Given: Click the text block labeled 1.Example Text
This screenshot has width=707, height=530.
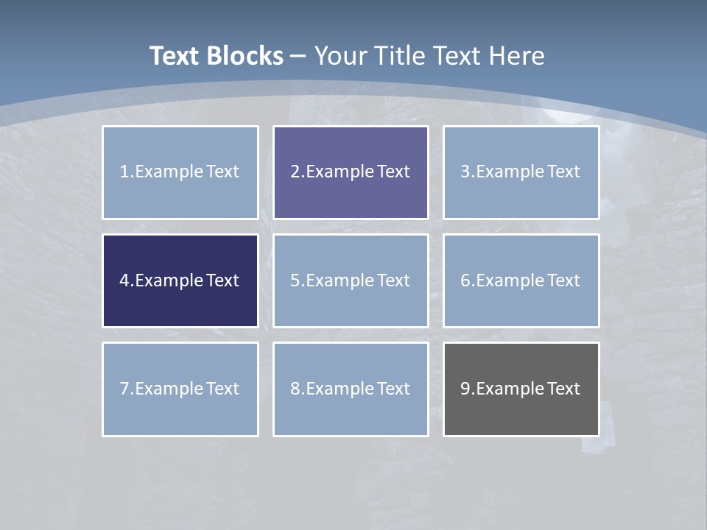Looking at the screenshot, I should click(x=180, y=172).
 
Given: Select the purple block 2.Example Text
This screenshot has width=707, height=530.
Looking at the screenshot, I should click(x=351, y=172).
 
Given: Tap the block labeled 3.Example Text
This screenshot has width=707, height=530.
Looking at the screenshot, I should click(x=521, y=172).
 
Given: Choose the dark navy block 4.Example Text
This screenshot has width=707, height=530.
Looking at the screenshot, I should click(x=180, y=280).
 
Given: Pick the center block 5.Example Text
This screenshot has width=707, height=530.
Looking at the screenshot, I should click(x=351, y=280).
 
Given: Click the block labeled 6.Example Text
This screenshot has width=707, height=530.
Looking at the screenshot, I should click(x=521, y=280).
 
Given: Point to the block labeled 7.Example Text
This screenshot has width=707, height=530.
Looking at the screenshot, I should click(x=180, y=389).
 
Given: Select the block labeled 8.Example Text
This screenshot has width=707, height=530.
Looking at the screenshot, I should click(x=351, y=389).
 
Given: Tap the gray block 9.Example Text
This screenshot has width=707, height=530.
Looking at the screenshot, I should click(x=521, y=389).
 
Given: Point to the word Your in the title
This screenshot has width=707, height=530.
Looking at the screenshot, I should click(x=341, y=56).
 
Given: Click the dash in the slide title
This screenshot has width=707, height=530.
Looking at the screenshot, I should click(x=298, y=56).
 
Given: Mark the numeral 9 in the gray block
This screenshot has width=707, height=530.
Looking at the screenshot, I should click(x=465, y=389).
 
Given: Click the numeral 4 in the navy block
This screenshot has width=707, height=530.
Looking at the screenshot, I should click(x=124, y=280).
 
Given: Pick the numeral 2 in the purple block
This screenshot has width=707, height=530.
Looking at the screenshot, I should click(x=295, y=172).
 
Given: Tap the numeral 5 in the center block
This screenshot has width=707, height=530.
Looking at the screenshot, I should click(x=295, y=280).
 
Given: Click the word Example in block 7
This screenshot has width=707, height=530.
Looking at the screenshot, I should click(x=169, y=389).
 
